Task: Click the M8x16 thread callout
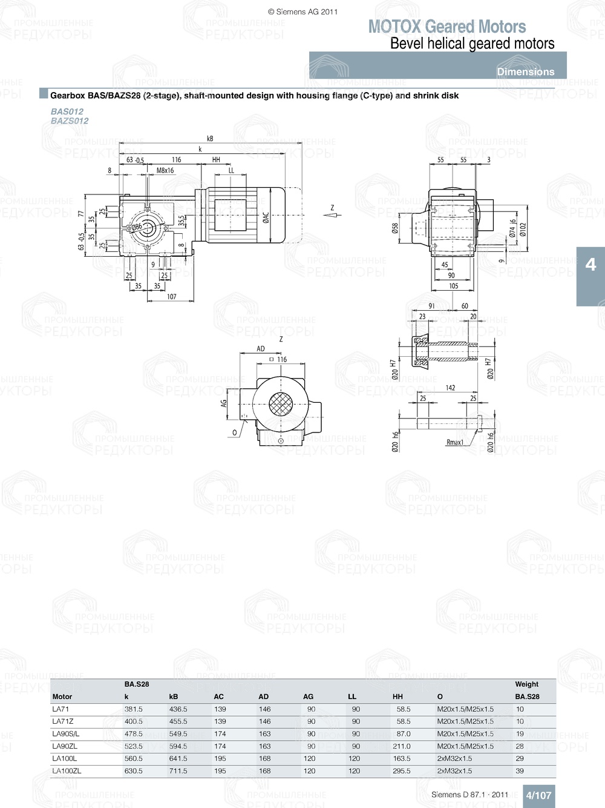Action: coord(165,171)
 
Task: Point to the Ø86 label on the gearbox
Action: coord(137,227)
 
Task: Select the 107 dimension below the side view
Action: coord(172,296)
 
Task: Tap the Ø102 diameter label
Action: coord(523,230)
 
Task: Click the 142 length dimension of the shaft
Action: coord(450,388)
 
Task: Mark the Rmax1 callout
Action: coord(454,442)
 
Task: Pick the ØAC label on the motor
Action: coord(266,219)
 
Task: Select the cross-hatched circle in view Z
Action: coord(280,403)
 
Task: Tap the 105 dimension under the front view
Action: coord(453,286)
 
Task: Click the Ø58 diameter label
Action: coord(395,228)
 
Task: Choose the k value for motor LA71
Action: coord(134,709)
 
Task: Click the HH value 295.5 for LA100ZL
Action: coord(402,771)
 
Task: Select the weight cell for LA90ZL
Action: coord(520,746)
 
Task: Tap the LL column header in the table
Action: coord(352,697)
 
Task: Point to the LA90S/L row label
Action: coord(65,733)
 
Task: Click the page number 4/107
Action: coord(538,795)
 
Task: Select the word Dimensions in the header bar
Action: coord(525,71)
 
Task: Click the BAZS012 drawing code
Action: coord(70,121)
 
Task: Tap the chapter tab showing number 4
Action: coord(590,265)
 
